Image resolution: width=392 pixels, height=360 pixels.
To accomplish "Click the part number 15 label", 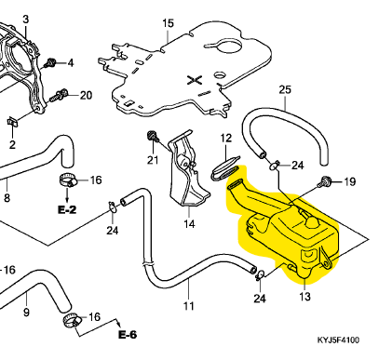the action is [x=168, y=23].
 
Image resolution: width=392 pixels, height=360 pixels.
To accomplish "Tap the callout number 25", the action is [x=285, y=89].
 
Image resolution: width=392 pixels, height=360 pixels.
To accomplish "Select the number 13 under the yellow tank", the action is [x=304, y=297].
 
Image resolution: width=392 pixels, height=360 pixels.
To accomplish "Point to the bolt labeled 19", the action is [x=323, y=181].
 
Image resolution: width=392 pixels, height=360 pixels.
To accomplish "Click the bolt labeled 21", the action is [x=153, y=137].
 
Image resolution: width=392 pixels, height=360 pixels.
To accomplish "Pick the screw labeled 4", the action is [x=49, y=63].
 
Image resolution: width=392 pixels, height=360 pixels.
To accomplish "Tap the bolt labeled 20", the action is [x=59, y=95].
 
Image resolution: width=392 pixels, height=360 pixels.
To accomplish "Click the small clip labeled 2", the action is [x=12, y=122].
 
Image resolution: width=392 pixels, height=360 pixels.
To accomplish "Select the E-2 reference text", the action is [x=67, y=210].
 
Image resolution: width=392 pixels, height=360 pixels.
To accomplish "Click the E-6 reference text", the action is [x=128, y=335].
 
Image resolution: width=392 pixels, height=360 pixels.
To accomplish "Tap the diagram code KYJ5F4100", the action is [x=338, y=340].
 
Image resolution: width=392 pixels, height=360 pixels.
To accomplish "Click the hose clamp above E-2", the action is [x=68, y=180].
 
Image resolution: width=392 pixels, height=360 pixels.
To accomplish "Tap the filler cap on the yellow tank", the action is [x=312, y=221].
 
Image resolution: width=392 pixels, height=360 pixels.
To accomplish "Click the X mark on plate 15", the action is [x=195, y=80].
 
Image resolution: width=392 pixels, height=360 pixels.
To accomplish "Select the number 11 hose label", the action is [x=189, y=306].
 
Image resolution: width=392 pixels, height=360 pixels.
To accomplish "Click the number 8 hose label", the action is [x=7, y=197].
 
